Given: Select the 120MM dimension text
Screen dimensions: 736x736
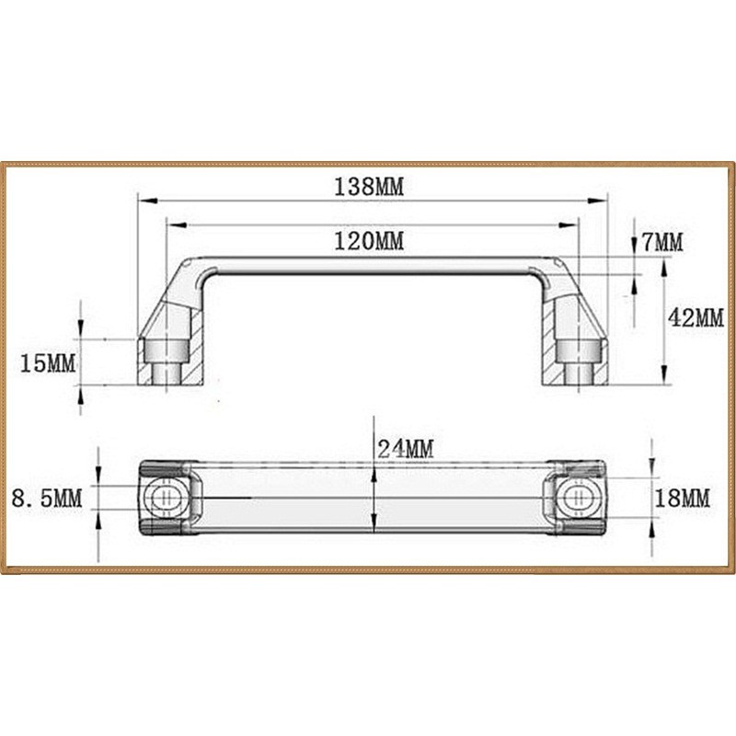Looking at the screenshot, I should (x=370, y=241).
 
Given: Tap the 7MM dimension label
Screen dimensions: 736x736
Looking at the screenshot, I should (x=662, y=243).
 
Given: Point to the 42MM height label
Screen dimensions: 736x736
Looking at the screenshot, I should (x=696, y=318).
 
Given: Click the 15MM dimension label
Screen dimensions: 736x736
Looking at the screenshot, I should (x=47, y=362).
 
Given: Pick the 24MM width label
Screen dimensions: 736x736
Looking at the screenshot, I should (x=405, y=449).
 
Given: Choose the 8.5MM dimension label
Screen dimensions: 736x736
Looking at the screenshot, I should (x=47, y=499).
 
